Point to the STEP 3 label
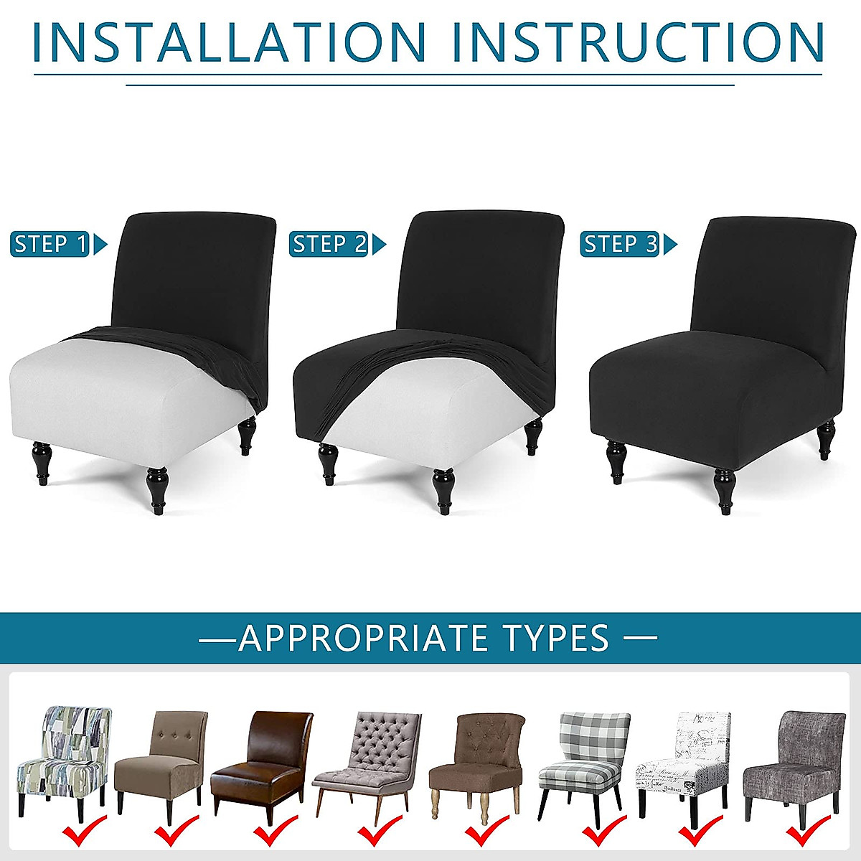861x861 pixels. coord(620,245)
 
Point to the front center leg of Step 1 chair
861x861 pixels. coord(156,488)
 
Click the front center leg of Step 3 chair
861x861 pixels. coord(725,491)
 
